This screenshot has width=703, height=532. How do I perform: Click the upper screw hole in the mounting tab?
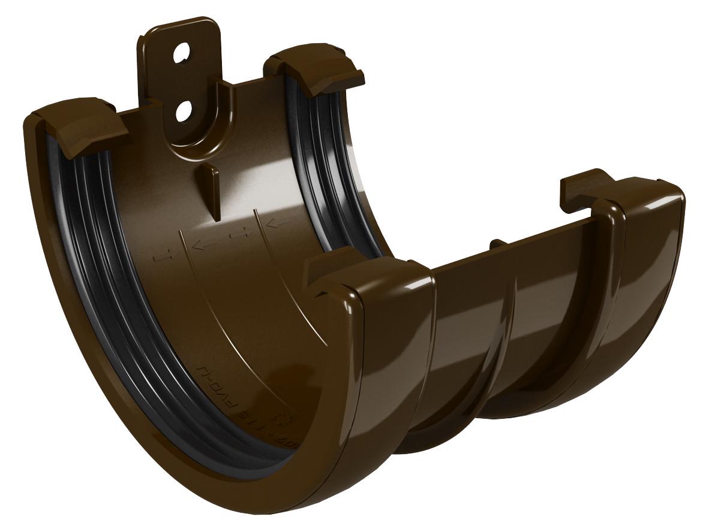click(x=180, y=55)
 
